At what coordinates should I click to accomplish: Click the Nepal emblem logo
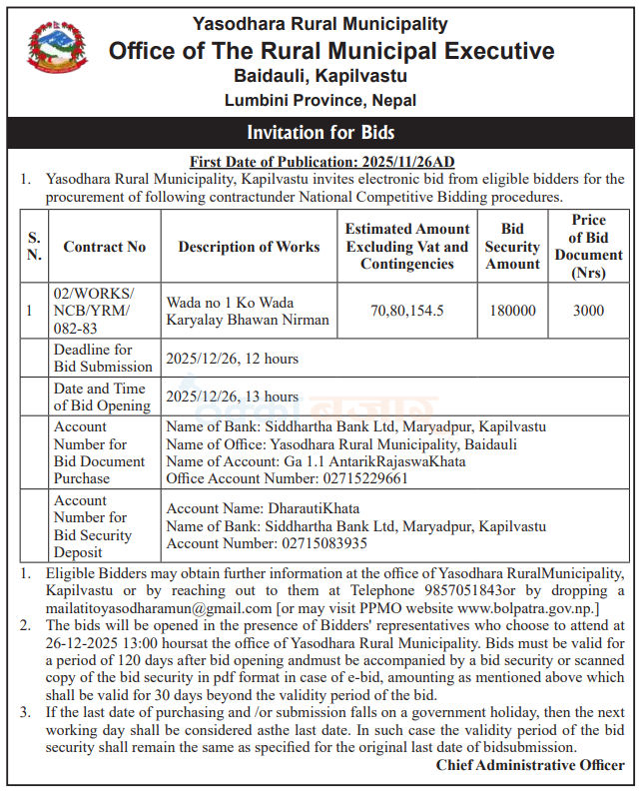click(x=58, y=53)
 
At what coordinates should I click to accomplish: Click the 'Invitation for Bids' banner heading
click(x=320, y=133)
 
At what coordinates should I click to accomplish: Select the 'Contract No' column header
click(x=105, y=247)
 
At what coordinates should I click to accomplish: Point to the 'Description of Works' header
click(x=249, y=247)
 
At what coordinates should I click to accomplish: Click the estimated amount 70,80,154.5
click(x=407, y=311)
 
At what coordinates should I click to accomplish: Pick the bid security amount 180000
click(x=512, y=311)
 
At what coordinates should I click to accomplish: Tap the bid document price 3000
click(x=588, y=311)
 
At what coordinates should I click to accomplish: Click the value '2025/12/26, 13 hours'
click(x=232, y=396)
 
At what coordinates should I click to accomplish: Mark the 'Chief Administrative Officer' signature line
click(x=530, y=765)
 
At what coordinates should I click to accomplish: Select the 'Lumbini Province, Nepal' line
click(x=320, y=100)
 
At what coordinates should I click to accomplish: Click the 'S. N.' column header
click(x=34, y=247)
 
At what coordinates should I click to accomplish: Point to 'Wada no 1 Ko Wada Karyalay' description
click(x=248, y=311)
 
